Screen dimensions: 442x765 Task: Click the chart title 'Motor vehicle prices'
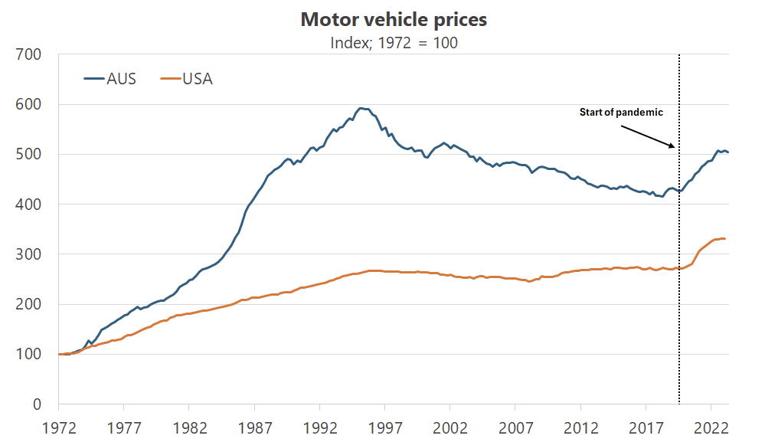tap(394, 20)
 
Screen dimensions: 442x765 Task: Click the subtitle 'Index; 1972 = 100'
tap(394, 43)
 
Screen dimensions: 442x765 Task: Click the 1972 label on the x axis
tap(58, 426)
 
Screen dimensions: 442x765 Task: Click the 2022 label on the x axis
tap(711, 426)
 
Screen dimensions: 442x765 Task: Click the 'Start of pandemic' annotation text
tap(620, 113)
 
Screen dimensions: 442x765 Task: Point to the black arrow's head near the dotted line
tap(674, 147)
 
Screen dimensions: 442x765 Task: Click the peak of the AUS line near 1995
tap(361, 109)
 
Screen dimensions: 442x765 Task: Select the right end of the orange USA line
tap(726, 239)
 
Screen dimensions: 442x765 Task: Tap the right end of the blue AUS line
tap(728, 152)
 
